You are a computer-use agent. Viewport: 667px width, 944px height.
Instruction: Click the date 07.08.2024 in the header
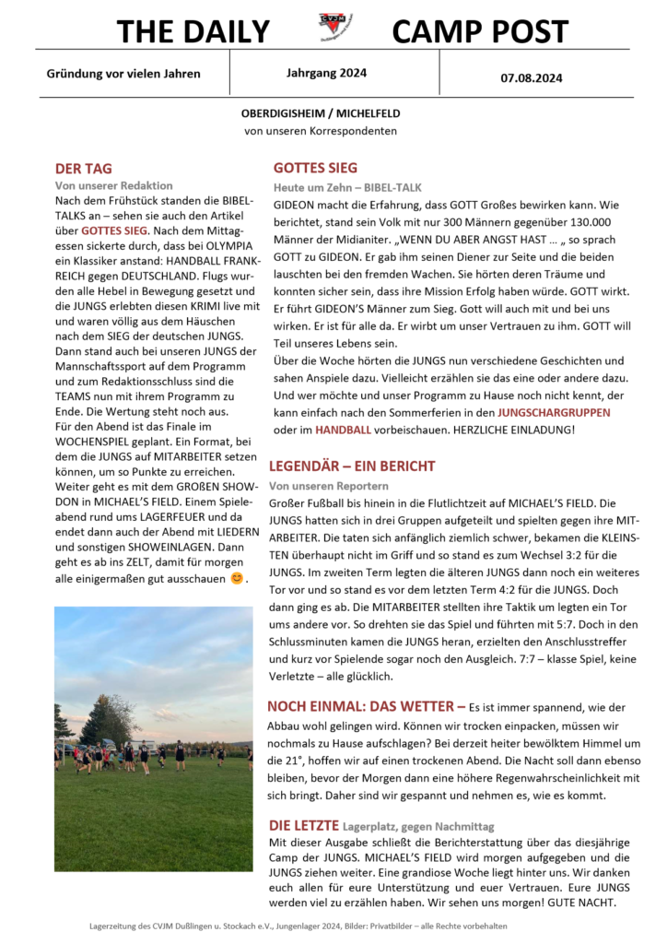[532, 78]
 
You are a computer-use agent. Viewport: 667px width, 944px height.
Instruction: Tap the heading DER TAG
[84, 169]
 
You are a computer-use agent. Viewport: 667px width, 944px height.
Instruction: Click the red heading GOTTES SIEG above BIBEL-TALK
[315, 168]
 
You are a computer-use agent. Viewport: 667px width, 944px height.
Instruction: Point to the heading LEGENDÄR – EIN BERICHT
[352, 466]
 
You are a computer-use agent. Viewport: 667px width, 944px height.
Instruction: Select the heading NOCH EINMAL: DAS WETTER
[366, 707]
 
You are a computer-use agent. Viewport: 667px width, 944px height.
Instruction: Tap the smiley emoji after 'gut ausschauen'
[237, 579]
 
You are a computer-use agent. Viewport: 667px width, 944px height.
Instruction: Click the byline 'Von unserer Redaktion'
[114, 185]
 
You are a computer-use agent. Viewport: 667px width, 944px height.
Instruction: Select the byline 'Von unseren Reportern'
[329, 485]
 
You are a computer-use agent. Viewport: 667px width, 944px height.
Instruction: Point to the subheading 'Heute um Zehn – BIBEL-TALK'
[347, 186]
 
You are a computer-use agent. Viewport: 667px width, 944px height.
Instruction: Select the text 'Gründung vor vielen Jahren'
[123, 73]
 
